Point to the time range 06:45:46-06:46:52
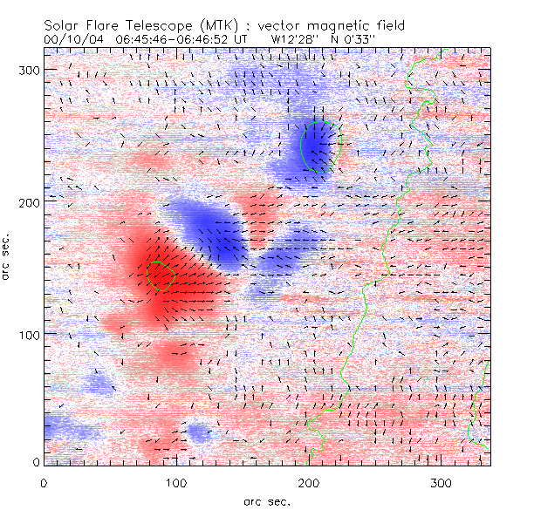(175, 39)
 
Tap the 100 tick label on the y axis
(29, 334)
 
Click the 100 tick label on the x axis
(176, 482)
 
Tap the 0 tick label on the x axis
(44, 482)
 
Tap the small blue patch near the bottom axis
(198, 432)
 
